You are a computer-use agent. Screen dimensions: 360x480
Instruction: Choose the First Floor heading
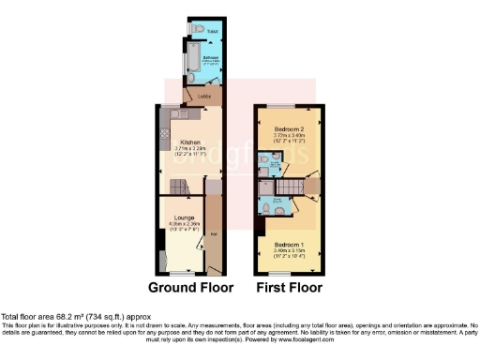coord(290,288)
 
